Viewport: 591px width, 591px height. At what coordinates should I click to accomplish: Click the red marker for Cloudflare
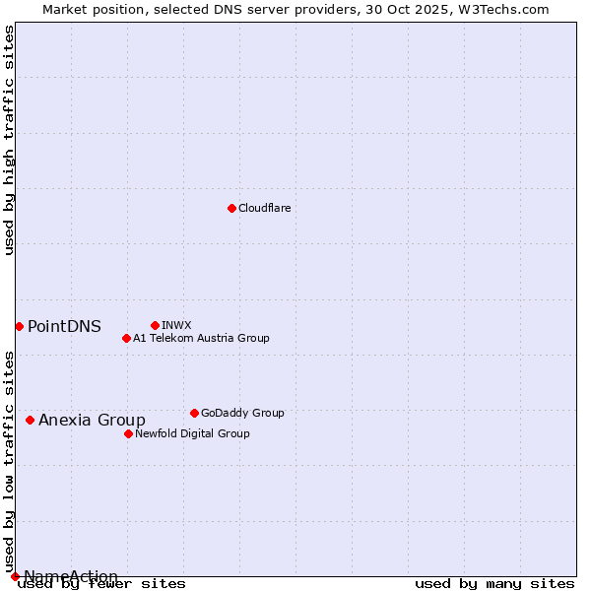(x=231, y=208)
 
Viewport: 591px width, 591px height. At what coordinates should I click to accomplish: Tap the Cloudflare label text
(x=264, y=208)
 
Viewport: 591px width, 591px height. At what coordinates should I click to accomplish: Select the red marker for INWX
(x=155, y=325)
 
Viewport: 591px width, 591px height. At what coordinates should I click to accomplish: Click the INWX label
(x=176, y=325)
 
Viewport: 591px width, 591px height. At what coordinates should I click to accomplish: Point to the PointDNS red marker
(x=19, y=326)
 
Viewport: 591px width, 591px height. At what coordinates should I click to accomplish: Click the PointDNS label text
(x=64, y=327)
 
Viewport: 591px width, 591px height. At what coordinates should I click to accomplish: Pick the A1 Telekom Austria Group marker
(x=126, y=338)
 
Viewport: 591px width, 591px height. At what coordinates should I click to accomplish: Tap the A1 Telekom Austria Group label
(x=201, y=338)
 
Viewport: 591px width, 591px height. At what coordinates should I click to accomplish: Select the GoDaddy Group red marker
(x=194, y=413)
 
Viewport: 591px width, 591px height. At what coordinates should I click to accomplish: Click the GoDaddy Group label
(x=242, y=413)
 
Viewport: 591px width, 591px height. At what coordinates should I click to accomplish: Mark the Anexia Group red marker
(x=30, y=420)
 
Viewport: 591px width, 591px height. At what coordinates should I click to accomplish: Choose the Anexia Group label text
(x=92, y=421)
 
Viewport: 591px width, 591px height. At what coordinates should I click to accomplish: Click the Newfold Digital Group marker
(x=128, y=433)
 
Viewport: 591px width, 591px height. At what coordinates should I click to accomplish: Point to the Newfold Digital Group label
(x=192, y=433)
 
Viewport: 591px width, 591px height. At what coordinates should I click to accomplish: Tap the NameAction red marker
(x=15, y=576)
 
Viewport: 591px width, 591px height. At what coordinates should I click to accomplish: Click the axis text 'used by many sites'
(x=494, y=584)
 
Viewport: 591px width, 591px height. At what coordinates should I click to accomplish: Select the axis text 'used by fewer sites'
(x=102, y=584)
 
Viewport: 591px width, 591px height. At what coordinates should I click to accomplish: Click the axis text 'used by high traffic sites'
(x=10, y=141)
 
